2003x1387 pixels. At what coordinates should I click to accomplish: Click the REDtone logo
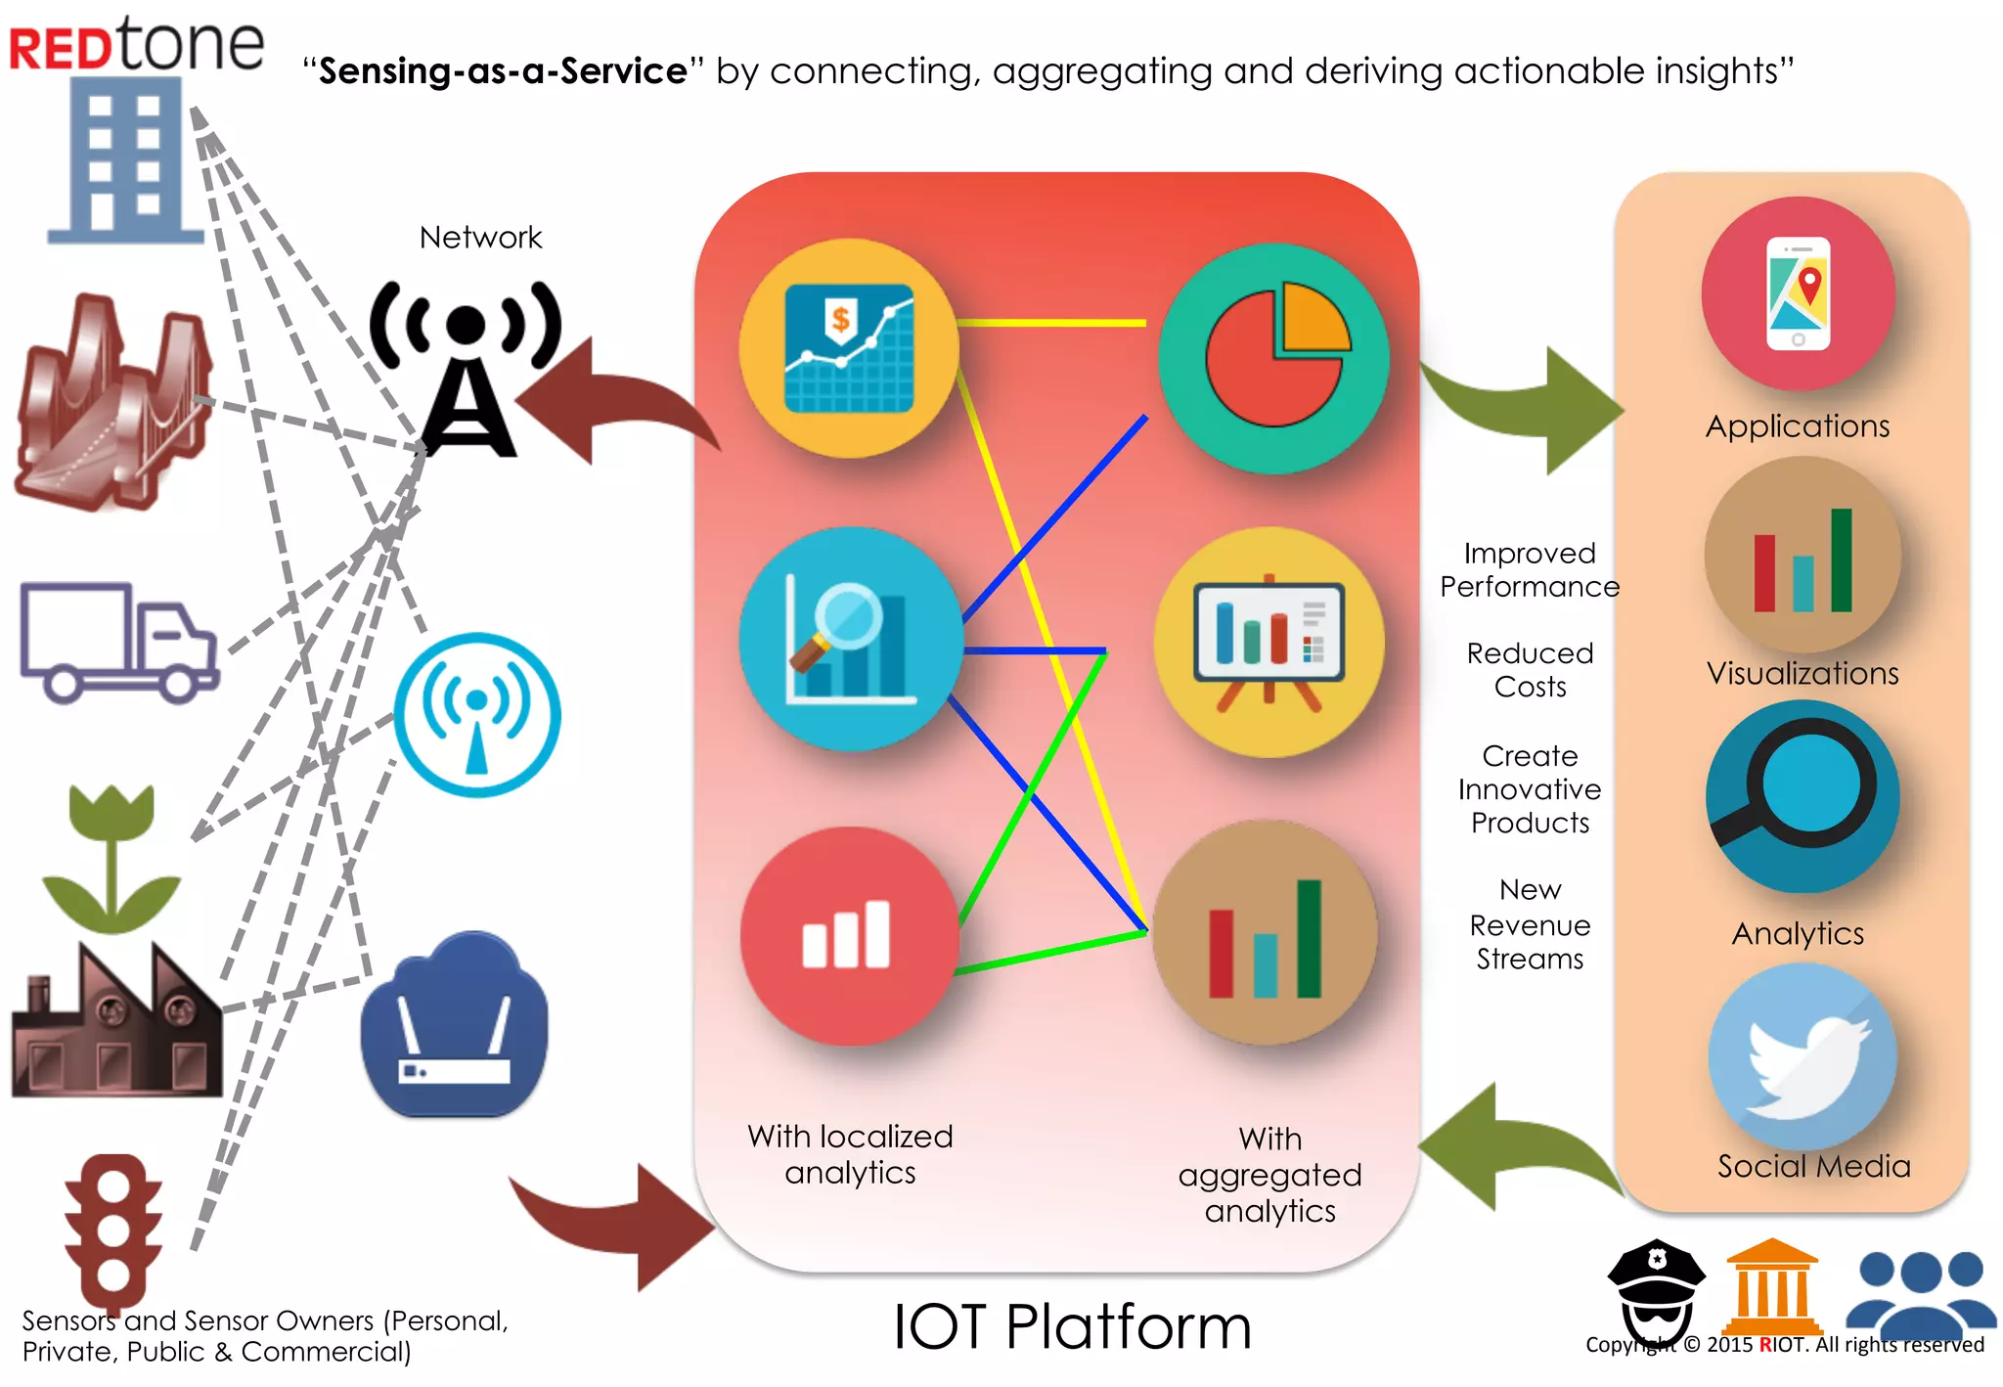(x=136, y=45)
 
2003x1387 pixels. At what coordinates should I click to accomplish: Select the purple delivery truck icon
(x=117, y=642)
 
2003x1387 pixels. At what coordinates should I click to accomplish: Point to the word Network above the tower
(x=480, y=238)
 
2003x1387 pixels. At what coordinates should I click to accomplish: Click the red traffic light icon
(x=112, y=1228)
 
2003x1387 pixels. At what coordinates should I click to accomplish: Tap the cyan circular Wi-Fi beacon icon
(x=477, y=715)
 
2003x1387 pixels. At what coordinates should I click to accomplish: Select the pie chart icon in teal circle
(x=1273, y=358)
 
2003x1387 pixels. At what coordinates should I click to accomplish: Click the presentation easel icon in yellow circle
(x=1269, y=643)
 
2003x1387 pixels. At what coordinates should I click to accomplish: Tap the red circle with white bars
(x=848, y=935)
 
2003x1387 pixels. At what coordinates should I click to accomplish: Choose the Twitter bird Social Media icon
(x=1802, y=1057)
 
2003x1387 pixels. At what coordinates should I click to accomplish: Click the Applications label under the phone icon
(x=1798, y=426)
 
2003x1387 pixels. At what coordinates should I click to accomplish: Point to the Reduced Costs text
(x=1530, y=670)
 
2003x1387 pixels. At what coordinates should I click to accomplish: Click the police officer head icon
(x=1656, y=1289)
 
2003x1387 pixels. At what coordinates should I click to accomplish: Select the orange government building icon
(x=1771, y=1285)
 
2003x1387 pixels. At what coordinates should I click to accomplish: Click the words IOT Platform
(x=1072, y=1327)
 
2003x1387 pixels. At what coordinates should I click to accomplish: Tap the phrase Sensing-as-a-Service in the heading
(x=504, y=71)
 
